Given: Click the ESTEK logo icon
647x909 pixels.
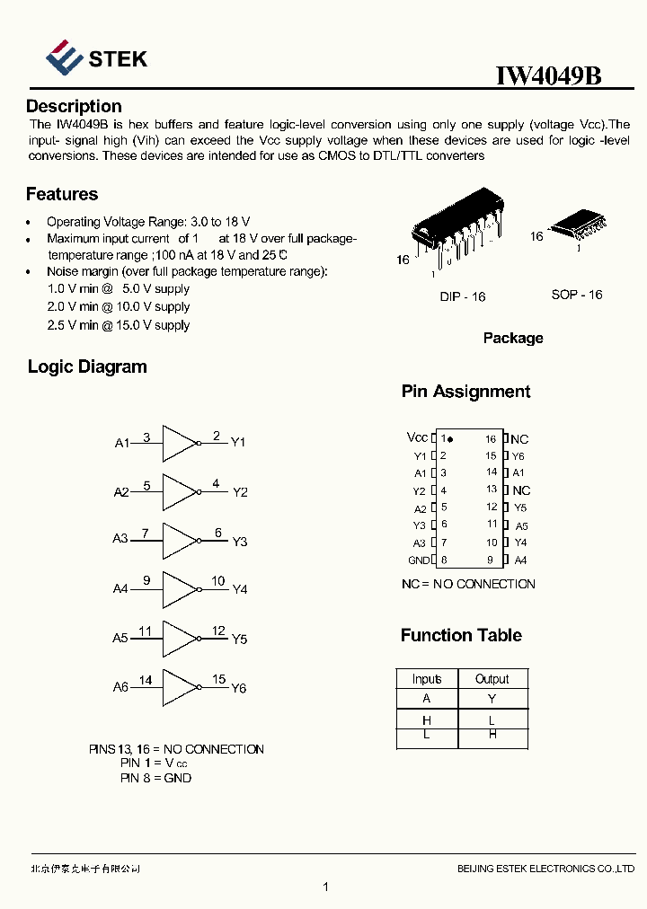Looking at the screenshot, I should [64, 57].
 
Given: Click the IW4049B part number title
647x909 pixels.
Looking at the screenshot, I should [548, 75].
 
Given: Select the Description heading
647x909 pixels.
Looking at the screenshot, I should [74, 107].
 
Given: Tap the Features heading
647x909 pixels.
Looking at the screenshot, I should [62, 194].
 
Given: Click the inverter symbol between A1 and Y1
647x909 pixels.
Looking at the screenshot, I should [180, 442].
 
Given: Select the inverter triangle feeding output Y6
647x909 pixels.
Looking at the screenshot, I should [180, 688].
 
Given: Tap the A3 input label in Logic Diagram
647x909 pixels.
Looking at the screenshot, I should [120, 539].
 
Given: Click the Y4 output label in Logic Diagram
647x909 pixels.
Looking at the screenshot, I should [240, 590].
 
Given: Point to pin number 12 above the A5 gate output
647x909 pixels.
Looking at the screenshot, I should [218, 631].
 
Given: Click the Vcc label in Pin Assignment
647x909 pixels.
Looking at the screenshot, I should [417, 437].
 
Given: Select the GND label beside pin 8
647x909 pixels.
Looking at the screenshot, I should [419, 560].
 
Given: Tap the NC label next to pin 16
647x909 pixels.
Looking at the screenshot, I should [519, 439].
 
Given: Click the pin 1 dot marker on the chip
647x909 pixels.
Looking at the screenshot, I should [450, 439].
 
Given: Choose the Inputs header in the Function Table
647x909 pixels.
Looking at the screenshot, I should [427, 679].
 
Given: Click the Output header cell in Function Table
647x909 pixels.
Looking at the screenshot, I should [492, 679].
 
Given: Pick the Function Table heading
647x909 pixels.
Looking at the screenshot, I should [461, 635].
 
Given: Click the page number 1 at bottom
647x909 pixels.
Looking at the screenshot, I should [325, 887].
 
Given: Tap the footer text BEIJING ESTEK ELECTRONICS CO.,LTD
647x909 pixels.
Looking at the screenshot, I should [545, 869].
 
